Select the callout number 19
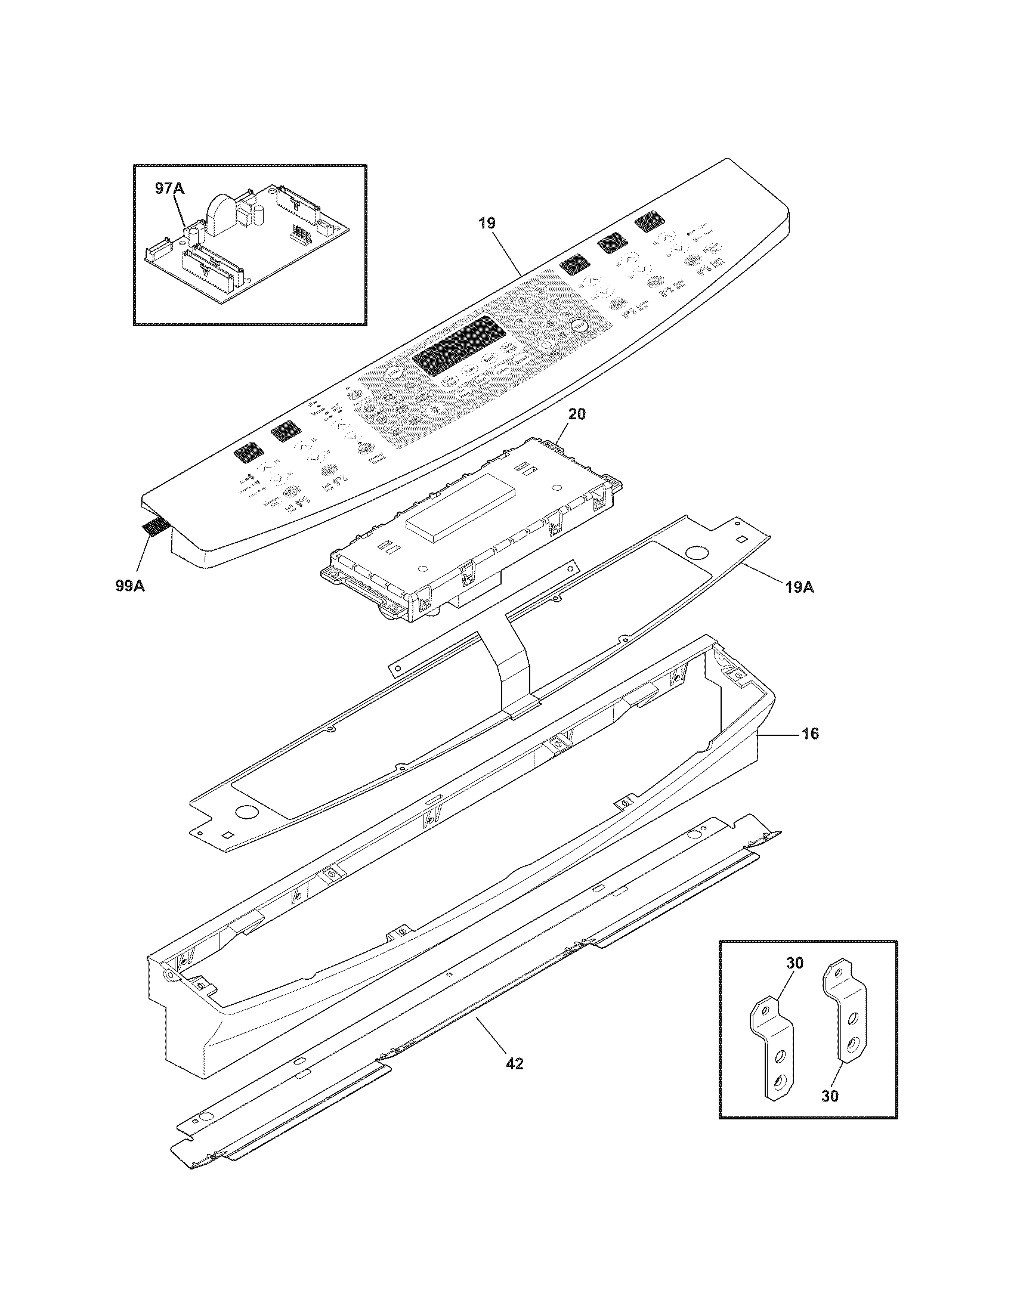tap(487, 224)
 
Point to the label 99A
tap(131, 586)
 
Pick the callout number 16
tap(810, 734)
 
